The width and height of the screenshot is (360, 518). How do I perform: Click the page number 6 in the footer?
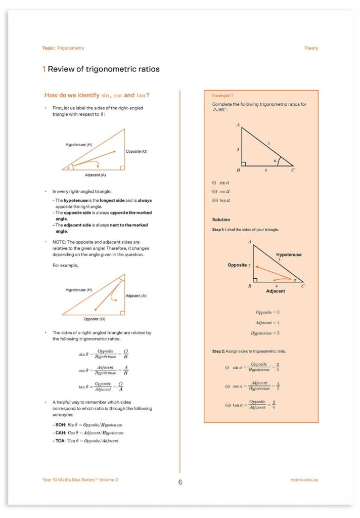180,482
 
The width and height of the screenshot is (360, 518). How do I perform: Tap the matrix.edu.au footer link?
304,480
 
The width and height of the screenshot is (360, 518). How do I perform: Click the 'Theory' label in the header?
311,48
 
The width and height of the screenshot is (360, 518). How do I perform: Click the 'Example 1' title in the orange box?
222,95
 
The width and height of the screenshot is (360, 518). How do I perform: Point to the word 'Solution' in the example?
221,220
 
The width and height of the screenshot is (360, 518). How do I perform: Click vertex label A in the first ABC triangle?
238,124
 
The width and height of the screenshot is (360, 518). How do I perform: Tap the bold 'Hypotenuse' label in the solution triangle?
289,254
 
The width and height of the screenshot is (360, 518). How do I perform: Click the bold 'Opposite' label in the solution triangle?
237,265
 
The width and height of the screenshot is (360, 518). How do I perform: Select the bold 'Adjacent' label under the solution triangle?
276,291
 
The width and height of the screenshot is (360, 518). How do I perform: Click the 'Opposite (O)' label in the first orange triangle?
137,151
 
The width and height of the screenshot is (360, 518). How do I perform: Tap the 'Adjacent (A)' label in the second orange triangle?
136,295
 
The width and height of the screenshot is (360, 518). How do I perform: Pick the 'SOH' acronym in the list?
59,425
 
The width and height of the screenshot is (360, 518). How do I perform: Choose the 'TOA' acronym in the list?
59,441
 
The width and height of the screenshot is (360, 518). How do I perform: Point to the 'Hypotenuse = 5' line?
265,333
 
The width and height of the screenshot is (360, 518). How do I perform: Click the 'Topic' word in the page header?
49,48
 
